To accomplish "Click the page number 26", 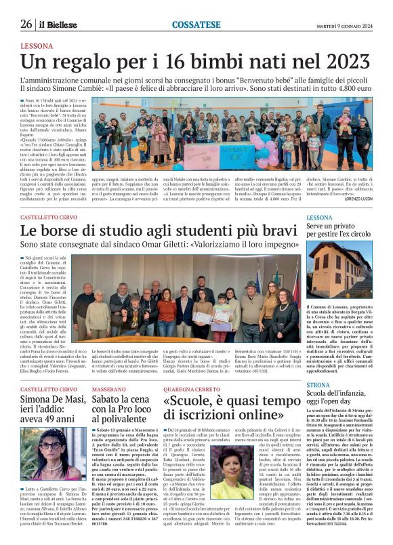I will click(26, 24).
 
